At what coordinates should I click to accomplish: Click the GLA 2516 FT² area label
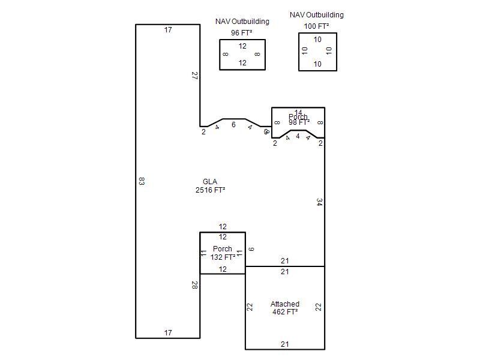coord(210,186)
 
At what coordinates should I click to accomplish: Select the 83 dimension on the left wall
coord(141,181)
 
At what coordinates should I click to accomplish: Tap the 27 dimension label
coord(194,76)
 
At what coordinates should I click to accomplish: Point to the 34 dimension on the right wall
coord(319,202)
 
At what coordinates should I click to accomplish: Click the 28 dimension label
coord(194,285)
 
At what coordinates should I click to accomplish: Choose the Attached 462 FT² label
coord(285,308)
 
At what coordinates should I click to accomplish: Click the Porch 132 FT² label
coord(223,253)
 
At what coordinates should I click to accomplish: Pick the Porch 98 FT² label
coord(298,119)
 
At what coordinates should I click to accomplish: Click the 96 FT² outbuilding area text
coord(242,32)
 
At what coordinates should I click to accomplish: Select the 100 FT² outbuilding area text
coord(316,26)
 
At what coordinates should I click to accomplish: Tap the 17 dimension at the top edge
coord(168,29)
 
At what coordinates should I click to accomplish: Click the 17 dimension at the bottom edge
coord(168,332)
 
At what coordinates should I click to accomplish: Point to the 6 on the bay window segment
coord(233,125)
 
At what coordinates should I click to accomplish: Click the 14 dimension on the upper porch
coord(298,112)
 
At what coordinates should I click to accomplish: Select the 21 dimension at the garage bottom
coord(285,344)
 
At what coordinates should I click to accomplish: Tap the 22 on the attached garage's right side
coord(319,307)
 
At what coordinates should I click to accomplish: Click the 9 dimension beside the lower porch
coord(251,249)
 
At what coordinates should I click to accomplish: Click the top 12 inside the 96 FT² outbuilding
coord(242,46)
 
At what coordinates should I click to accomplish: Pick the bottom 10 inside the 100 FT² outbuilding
coord(317,64)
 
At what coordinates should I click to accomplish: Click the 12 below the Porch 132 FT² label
coord(223,269)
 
